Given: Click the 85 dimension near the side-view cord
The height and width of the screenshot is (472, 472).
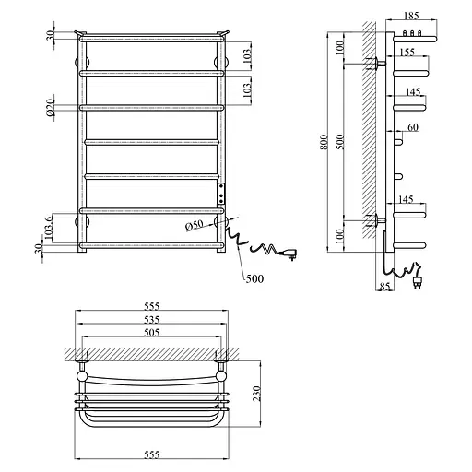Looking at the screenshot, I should (385, 286).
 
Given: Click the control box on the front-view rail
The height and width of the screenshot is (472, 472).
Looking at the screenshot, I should (221, 194).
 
